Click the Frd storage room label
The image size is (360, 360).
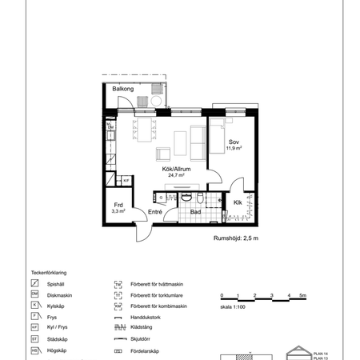click(x=118, y=205)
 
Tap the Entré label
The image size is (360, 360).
click(x=156, y=211)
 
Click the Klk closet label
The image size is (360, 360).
click(x=238, y=202)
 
